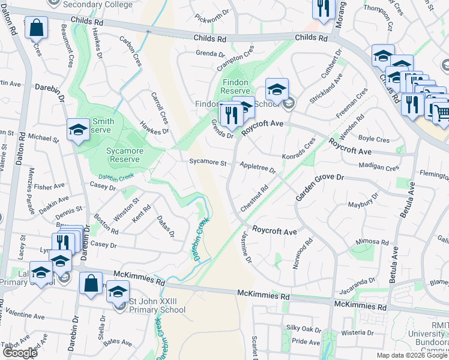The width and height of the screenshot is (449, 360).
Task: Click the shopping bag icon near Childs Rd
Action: point(36,28)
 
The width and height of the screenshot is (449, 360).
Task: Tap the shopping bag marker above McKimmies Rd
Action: point(91,284)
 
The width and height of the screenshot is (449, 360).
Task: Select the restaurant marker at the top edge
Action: point(322,8)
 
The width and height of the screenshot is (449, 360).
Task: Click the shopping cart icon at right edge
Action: point(441,112)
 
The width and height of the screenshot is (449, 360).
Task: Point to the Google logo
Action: point(20,353)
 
